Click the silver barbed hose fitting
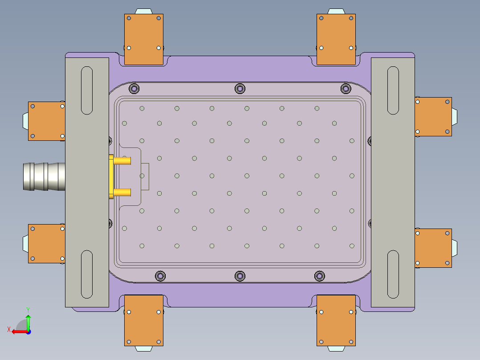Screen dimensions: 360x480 [x=44, y=176]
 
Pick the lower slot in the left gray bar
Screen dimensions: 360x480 [x=86, y=274]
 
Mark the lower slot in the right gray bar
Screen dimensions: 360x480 [x=393, y=274]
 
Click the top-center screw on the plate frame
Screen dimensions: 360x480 [x=240, y=89]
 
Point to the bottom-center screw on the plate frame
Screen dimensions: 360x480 [x=240, y=276]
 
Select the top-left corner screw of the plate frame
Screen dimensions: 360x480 [x=134, y=89]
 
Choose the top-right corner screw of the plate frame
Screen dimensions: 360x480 [x=346, y=89]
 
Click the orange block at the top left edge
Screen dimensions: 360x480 [x=143, y=39]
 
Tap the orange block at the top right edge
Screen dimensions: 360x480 [x=336, y=39]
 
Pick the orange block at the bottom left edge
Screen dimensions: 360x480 [x=143, y=320]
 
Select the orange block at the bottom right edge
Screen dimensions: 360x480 [x=336, y=320]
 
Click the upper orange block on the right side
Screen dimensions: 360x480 [x=433, y=117]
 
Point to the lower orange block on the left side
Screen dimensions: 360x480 [x=47, y=243]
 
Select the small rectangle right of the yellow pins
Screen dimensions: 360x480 [x=145, y=177]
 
